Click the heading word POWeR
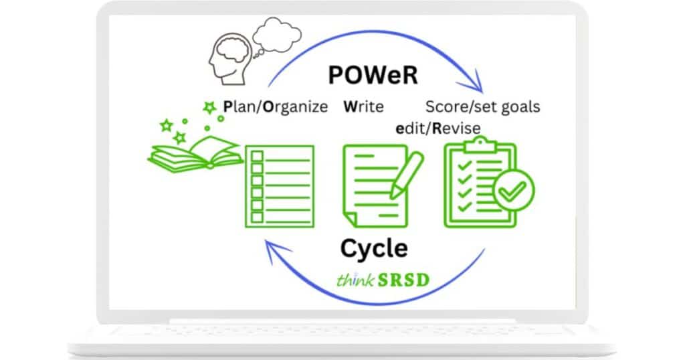click(373, 75)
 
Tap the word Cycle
click(374, 248)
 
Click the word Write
click(363, 107)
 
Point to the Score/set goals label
click(483, 107)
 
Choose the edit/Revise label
click(437, 127)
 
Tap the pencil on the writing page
click(407, 174)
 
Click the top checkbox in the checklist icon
click(258, 157)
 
